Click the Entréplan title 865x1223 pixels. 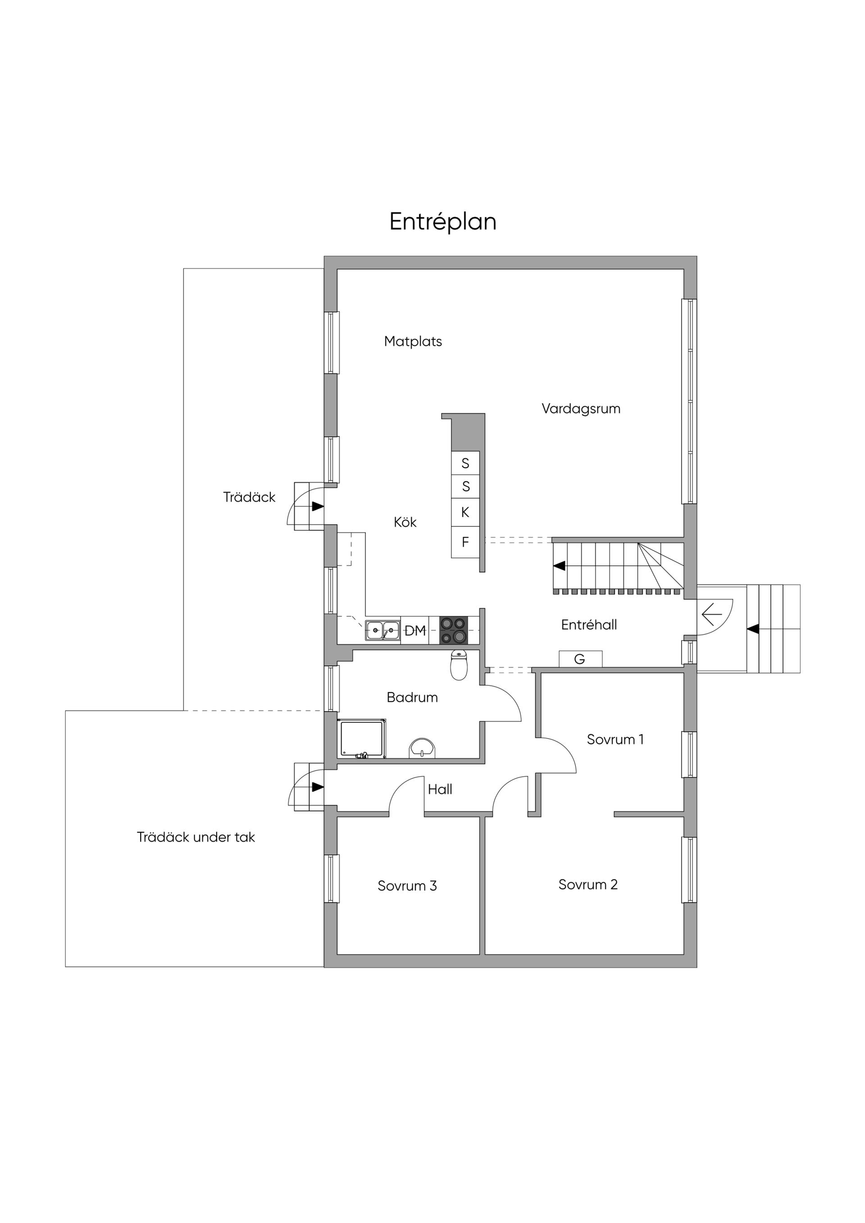tap(443, 222)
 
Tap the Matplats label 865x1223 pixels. tap(413, 341)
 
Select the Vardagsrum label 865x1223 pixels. tap(581, 409)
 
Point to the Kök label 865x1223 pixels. tap(405, 522)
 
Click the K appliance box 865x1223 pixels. tap(465, 512)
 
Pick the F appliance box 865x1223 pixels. tap(465, 542)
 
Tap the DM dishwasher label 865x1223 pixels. tap(415, 631)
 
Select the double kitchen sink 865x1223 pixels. tap(382, 631)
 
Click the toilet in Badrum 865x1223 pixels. tap(459, 665)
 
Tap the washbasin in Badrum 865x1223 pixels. tap(422, 748)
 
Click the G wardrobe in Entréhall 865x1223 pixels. tap(580, 659)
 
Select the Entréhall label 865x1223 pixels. tap(589, 625)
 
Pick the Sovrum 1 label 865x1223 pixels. tap(615, 739)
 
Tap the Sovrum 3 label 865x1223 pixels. tap(407, 886)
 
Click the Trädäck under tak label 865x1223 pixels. tap(196, 838)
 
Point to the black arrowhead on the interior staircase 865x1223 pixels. tap(560, 566)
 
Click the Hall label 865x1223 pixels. tap(440, 789)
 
